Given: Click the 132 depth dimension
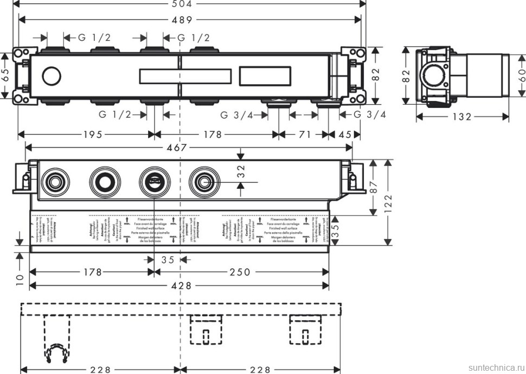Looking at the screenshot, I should coord(462,117).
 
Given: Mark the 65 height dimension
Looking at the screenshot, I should coord(5,75).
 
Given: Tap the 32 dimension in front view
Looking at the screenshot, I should coord(241,172).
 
